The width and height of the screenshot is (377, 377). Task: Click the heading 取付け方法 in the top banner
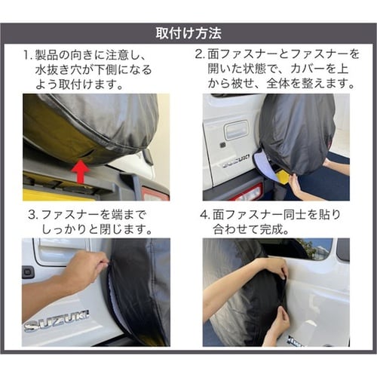pyautogui.click(x=188, y=33)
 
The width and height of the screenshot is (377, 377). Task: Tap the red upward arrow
pyautogui.click(x=81, y=171)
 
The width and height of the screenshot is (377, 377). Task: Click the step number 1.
pyautogui.click(x=27, y=55)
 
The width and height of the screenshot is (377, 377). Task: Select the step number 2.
pyautogui.click(x=200, y=54)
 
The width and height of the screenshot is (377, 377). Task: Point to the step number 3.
pyautogui.click(x=32, y=215)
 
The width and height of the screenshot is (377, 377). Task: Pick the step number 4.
pyautogui.click(x=205, y=215)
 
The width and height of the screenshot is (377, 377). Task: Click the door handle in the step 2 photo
pyautogui.click(x=236, y=130)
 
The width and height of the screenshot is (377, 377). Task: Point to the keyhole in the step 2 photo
pyautogui.click(x=222, y=145)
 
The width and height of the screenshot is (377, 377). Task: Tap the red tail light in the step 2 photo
pyautogui.click(x=247, y=193)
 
